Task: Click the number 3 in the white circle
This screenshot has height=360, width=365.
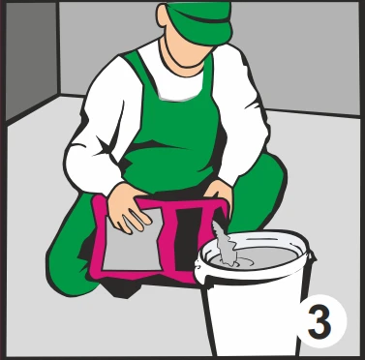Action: click(x=319, y=321)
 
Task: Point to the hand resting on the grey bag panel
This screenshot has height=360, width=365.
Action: click(x=129, y=206)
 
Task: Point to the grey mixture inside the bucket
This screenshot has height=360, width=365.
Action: click(x=259, y=256)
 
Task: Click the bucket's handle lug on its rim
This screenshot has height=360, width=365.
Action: click(x=312, y=257)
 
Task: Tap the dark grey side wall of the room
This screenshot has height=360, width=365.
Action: click(x=32, y=61)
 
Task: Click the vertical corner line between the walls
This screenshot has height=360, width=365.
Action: click(x=58, y=48)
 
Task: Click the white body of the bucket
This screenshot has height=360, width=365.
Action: click(x=255, y=310)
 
